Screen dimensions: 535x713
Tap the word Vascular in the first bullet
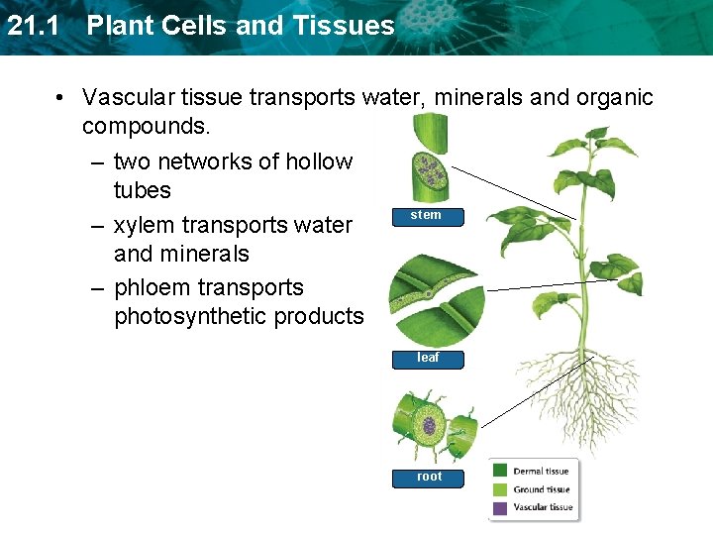(x=124, y=97)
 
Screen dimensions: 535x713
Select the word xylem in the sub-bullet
(x=153, y=225)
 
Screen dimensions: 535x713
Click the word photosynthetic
(x=191, y=317)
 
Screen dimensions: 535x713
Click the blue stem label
(x=426, y=215)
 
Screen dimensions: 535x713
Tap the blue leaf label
(x=428, y=358)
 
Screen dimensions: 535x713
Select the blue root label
(x=429, y=477)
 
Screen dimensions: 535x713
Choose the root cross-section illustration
(x=431, y=427)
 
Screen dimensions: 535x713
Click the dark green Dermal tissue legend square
(x=500, y=472)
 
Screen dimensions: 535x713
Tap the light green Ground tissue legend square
(x=500, y=489)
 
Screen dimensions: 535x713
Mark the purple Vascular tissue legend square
(x=500, y=507)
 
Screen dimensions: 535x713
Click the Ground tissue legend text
(x=541, y=489)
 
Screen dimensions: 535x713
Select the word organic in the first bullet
(x=615, y=97)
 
